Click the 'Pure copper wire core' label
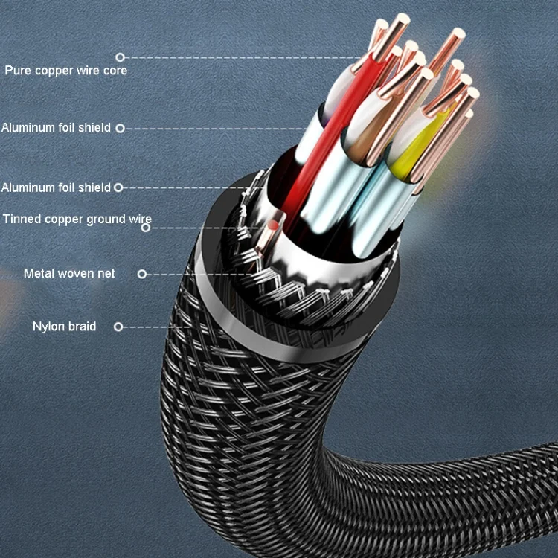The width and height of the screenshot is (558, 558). (65, 71)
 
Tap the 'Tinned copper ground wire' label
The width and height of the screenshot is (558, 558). (77, 219)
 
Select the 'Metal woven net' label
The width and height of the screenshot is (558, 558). (69, 273)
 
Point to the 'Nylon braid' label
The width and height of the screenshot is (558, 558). (65, 327)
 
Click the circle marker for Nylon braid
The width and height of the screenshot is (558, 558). (118, 327)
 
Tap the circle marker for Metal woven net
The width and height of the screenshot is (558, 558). (142, 274)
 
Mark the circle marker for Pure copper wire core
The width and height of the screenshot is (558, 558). (121, 57)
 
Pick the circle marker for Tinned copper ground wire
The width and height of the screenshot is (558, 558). (146, 228)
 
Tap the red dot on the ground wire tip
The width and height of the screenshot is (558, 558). (273, 225)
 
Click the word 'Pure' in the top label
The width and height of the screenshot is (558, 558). (18, 70)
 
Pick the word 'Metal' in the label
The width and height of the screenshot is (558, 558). (39, 273)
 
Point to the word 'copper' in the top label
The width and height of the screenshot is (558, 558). (54, 71)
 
